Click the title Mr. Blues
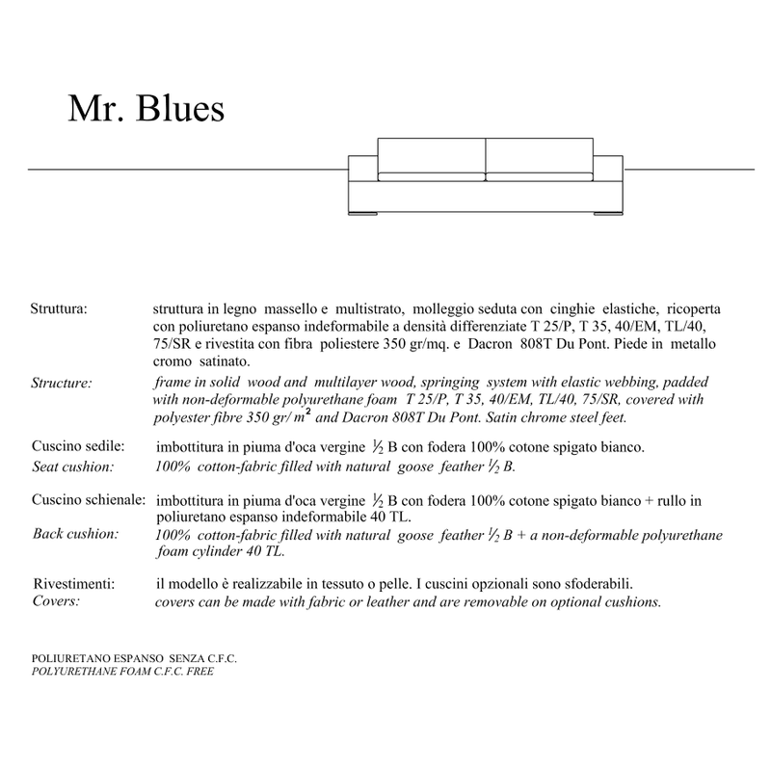point(146,109)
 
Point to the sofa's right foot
point(602,214)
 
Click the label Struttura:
point(60,311)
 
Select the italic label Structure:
point(62,383)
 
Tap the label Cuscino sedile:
point(77,448)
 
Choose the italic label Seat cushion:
point(73,467)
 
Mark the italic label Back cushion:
point(75,534)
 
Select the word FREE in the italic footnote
point(199,671)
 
